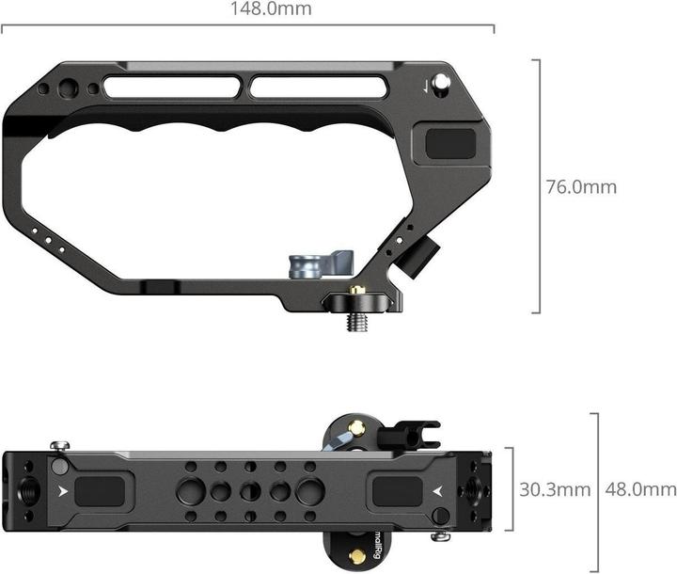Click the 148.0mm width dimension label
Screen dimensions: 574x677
pyautogui.click(x=271, y=10)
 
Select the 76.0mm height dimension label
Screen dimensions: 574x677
pyautogui.click(x=581, y=186)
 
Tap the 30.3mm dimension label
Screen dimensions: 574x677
pyautogui.click(x=555, y=489)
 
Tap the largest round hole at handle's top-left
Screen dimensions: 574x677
pyautogui.click(x=67, y=89)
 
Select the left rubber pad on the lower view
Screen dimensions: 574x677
pyautogui.click(x=102, y=490)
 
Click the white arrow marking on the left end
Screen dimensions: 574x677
pyautogui.click(x=61, y=490)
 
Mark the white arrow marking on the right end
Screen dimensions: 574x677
pyautogui.click(x=437, y=490)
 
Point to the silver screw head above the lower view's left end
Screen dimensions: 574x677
pyautogui.click(x=60, y=446)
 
